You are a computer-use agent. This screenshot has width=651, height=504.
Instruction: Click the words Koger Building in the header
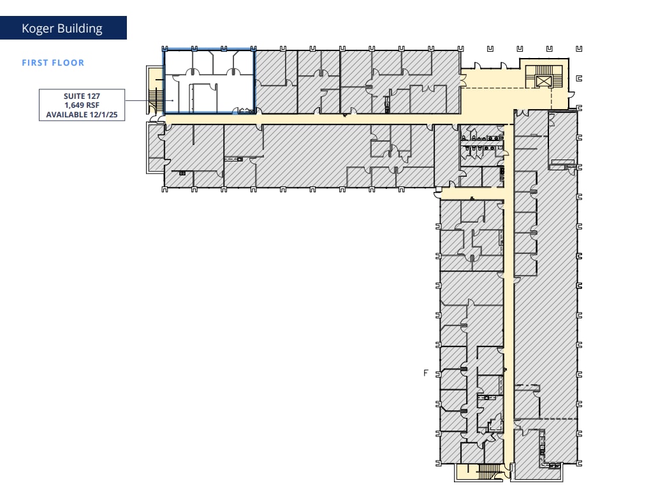pos(62,29)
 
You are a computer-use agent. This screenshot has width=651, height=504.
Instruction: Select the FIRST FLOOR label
pos(53,63)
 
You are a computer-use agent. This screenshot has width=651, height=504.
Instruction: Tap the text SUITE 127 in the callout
pos(82,96)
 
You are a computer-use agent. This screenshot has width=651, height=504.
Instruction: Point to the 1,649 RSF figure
pos(82,106)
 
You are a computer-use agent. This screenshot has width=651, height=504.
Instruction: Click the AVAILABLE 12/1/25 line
pos(82,115)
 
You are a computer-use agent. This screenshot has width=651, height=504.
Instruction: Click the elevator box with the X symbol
pos(543,81)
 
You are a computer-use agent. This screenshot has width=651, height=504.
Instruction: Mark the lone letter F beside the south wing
pos(425,373)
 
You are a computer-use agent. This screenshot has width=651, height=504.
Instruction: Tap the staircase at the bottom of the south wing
pos(485,472)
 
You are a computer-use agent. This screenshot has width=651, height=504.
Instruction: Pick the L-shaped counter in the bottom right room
pos(543,450)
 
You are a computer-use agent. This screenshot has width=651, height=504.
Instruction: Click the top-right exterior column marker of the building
pos(578,48)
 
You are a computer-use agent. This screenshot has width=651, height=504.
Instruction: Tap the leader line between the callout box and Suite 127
pos(143,101)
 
